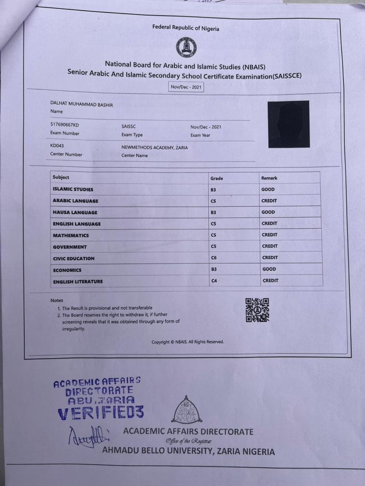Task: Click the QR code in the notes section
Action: pos(257,310)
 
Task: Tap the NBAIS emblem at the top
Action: pos(186,47)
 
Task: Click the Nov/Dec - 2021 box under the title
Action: pos(186,87)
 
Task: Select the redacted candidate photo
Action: pos(288,124)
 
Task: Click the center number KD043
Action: pos(57,146)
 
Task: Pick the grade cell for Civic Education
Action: pos(214,258)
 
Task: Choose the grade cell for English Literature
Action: pos(214,281)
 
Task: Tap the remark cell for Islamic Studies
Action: pos(268,189)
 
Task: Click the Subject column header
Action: pos(61,177)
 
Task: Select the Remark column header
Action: pos(269,178)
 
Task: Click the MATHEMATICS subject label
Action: pos(71,235)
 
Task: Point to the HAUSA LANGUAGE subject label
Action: pos(75,212)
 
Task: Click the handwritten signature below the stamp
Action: pos(88,435)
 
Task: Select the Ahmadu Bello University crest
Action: pos(187,410)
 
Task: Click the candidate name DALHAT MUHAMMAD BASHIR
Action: pos(82,104)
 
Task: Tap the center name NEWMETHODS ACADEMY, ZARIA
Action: pos(155,147)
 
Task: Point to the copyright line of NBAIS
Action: pos(187,342)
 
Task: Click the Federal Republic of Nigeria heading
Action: pos(186,28)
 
